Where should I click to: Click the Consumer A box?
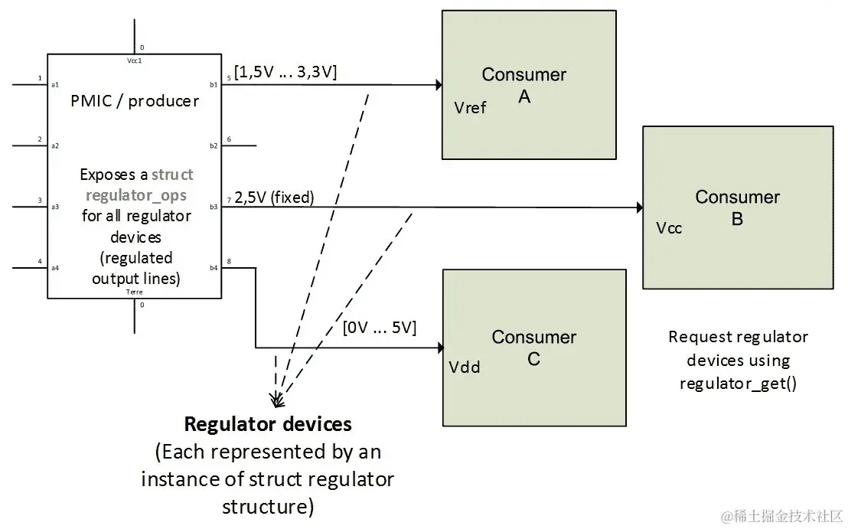[529, 84]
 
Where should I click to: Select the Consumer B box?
[737, 207]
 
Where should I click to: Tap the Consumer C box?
[534, 347]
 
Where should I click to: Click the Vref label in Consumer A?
[470, 108]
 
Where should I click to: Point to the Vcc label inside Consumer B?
[669, 228]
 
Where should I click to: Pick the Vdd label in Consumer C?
[465, 367]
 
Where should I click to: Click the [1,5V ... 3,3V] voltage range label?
[286, 72]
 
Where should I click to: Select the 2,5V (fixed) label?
[275, 197]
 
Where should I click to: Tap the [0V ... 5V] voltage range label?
[380, 328]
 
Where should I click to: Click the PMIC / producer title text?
[135, 101]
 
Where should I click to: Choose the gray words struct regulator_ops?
[150, 184]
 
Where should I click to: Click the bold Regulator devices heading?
[268, 424]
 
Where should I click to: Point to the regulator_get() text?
[738, 383]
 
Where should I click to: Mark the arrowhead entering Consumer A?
[439, 85]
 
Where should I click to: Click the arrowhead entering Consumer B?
[639, 207]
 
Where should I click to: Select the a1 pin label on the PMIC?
[55, 84]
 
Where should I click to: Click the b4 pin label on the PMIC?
[214, 268]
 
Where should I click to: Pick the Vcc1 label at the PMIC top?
[135, 59]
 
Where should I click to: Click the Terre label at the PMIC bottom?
[135, 292]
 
